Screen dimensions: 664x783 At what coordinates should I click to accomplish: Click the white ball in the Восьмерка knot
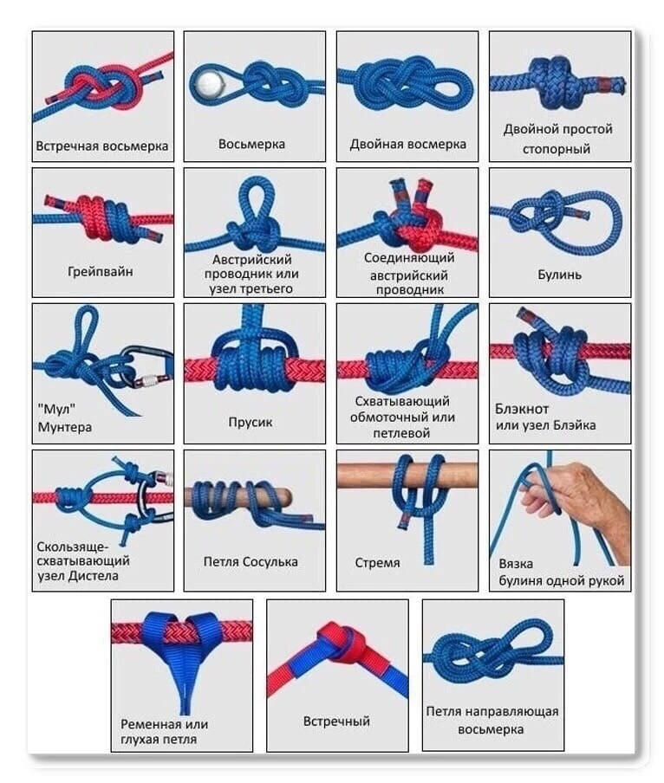pos(209,84)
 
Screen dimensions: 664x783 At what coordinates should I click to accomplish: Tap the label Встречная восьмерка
pos(102,146)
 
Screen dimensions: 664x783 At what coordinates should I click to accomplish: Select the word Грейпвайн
pos(101,272)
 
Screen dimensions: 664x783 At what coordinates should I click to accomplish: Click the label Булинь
pos(560,275)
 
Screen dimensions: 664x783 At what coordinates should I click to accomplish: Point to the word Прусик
pos(251,422)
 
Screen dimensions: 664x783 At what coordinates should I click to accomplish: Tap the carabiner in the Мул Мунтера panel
pos(150,367)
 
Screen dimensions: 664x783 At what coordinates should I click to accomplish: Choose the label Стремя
pos(378,563)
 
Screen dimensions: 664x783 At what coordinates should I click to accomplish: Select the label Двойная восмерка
pos(407,145)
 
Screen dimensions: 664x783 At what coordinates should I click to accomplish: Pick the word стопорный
pos(557,149)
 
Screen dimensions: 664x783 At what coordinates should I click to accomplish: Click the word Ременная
pos(151,724)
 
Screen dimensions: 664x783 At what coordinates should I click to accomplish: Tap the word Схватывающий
pos(402,401)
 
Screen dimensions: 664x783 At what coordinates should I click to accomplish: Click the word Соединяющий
pos(409,257)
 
